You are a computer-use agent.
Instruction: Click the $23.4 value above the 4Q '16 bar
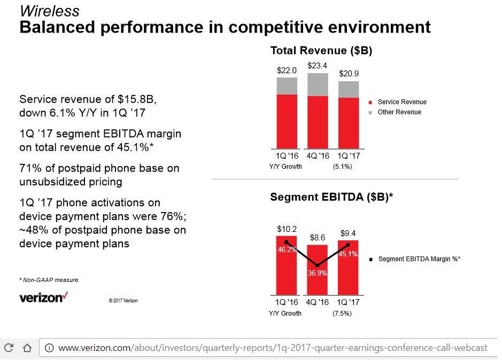pos(318,65)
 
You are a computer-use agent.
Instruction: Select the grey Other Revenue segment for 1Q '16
pos(287,86)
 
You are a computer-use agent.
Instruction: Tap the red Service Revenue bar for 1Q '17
pos(349,123)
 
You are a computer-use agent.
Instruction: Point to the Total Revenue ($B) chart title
pos(321,51)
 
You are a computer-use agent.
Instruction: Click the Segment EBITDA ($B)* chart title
pos(331,197)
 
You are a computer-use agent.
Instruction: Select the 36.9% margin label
pos(318,272)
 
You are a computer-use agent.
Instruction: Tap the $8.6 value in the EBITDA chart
pos(318,238)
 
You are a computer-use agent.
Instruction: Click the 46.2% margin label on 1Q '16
pos(287,249)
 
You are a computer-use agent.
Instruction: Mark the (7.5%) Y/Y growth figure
pos(342,314)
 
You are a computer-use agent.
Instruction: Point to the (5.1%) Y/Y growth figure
pos(342,166)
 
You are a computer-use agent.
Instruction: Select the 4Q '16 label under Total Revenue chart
pos(318,156)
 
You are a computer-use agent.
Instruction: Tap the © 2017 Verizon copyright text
pos(123,301)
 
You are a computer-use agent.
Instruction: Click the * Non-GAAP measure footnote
pos(49,280)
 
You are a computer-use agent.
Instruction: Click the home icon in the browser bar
pos(27,348)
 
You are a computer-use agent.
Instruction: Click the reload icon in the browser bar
pos(9,348)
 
